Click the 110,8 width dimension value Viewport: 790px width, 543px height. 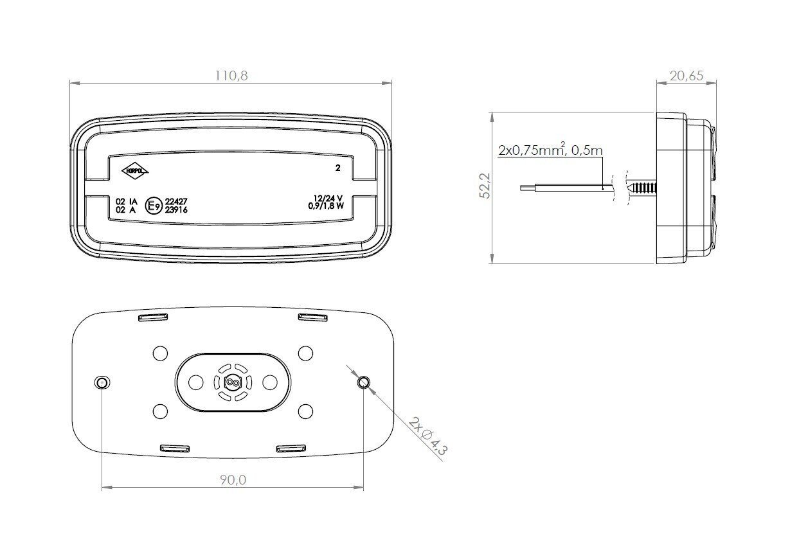coord(231,76)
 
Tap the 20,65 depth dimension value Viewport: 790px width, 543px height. coord(687,76)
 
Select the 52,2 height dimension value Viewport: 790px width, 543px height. coord(485,186)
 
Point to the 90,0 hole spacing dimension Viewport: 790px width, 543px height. coord(233,480)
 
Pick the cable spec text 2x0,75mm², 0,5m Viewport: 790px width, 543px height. coord(550,150)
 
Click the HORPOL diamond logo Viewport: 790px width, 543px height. coord(135,171)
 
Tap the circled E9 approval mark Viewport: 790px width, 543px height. coord(154,206)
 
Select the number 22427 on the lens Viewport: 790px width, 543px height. coord(176,201)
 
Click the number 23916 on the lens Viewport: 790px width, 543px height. coord(176,209)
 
